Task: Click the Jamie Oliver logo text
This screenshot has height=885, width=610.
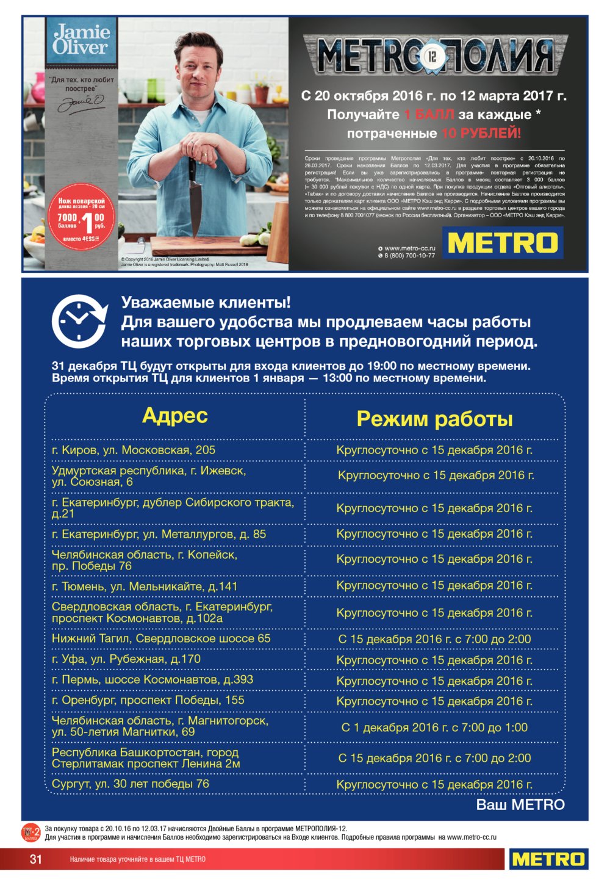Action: (81, 40)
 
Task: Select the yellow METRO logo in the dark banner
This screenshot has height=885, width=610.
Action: (503, 243)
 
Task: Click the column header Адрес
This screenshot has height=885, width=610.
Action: (175, 416)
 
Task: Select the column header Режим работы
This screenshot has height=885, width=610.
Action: (434, 419)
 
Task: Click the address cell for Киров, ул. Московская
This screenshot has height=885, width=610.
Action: (134, 450)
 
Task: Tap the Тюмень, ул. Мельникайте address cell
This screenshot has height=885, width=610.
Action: (145, 587)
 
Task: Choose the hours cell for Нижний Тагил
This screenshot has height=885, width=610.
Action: (434, 639)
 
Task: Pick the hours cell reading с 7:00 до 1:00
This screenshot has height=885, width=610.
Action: (434, 728)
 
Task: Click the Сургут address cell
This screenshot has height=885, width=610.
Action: (131, 784)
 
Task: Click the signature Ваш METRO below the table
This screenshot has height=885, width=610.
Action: (520, 804)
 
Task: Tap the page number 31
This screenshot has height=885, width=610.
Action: (36, 859)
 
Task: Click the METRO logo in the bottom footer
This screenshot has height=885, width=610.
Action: (548, 859)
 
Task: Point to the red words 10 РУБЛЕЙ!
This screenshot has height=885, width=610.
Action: (481, 134)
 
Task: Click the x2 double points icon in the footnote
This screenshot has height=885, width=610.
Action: (31, 833)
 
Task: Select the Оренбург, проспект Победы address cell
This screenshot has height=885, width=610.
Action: (148, 700)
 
